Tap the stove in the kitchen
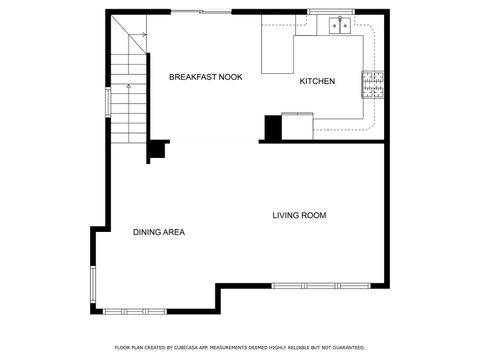pyautogui.click(x=373, y=85)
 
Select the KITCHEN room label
pyautogui.click(x=317, y=81)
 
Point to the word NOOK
pyautogui.click(x=230, y=77)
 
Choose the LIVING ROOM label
pyautogui.click(x=299, y=215)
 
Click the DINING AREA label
pyautogui.click(x=158, y=232)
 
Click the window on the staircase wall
pyautogui.click(x=106, y=103)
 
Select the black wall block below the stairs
pyautogui.click(x=157, y=150)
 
